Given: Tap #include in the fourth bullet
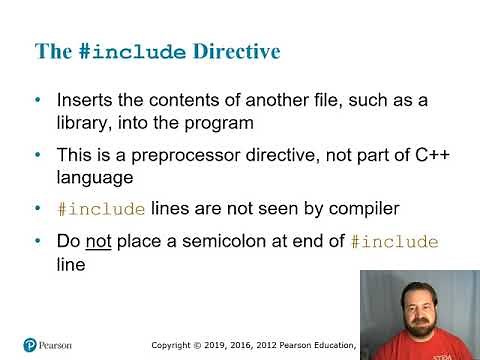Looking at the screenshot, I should pos(397,243).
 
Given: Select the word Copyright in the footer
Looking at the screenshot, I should pos(174,345).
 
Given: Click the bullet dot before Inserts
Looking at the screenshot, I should pos(38,101).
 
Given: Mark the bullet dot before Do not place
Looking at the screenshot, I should pos(38,242).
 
